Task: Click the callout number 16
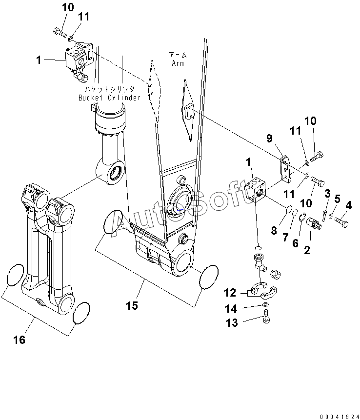pos(20,340)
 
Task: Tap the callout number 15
pos(132,306)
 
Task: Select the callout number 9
pos(269,139)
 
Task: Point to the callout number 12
pos(230,293)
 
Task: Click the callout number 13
pos(232,323)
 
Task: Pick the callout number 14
pos(231,309)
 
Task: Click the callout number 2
pos(307,250)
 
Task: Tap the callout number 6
pos(295,243)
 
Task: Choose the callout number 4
pos(348,205)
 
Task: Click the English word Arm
pos(178,63)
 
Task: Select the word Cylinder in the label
pos(124,98)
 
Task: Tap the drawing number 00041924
pos(340,417)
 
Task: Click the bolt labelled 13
pos(266,316)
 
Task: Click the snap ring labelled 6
pos(302,217)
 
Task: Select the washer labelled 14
pos(265,304)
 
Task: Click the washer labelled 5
pos(331,216)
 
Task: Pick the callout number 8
pos(274,230)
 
